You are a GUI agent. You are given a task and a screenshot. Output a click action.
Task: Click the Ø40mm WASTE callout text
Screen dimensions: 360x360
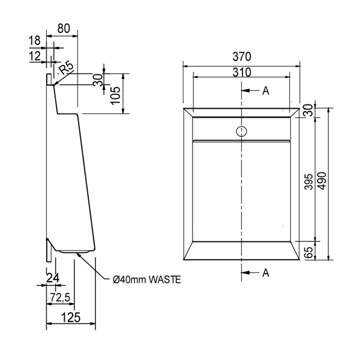tap(146, 279)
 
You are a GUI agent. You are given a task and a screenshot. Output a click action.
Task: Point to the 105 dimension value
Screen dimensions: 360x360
tap(116, 94)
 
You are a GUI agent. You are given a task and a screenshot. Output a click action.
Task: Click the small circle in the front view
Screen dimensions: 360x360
tap(242, 130)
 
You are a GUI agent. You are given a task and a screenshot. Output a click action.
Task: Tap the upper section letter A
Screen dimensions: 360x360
tap(265, 91)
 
